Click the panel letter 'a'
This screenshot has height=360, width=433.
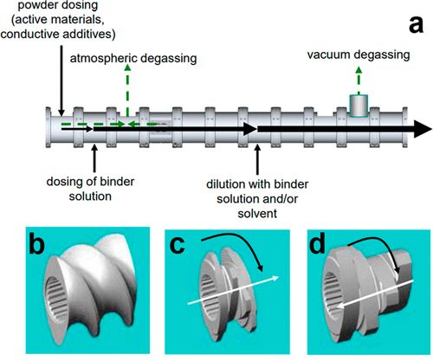tap(416, 24)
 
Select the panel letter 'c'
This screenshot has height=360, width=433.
tap(178, 246)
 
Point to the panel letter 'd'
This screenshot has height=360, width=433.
tap(317, 243)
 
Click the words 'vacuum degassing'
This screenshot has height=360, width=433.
tap(359, 55)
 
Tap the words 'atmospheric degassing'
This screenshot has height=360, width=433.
tap(133, 58)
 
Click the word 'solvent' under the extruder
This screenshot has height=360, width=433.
tap(257, 214)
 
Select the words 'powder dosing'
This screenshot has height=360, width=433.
tap(58, 5)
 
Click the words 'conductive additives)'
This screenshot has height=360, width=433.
tap(58, 35)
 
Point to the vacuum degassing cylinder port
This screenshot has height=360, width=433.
tap(359, 105)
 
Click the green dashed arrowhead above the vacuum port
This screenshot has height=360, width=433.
tap(359, 70)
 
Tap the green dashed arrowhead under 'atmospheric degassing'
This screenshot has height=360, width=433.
tap(127, 67)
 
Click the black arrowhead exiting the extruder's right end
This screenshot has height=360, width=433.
tap(423, 129)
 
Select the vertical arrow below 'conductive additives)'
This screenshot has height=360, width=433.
tap(61, 80)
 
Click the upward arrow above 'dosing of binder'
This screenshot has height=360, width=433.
tap(94, 159)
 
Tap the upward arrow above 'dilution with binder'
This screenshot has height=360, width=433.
tap(257, 160)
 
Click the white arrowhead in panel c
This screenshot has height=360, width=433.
tap(275, 278)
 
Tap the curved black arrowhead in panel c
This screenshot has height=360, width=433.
tap(260, 267)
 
